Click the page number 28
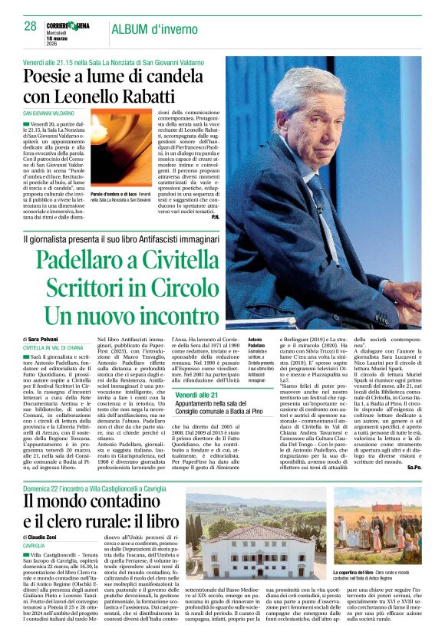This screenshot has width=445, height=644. (31, 26)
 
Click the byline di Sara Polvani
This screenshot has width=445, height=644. (46, 339)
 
